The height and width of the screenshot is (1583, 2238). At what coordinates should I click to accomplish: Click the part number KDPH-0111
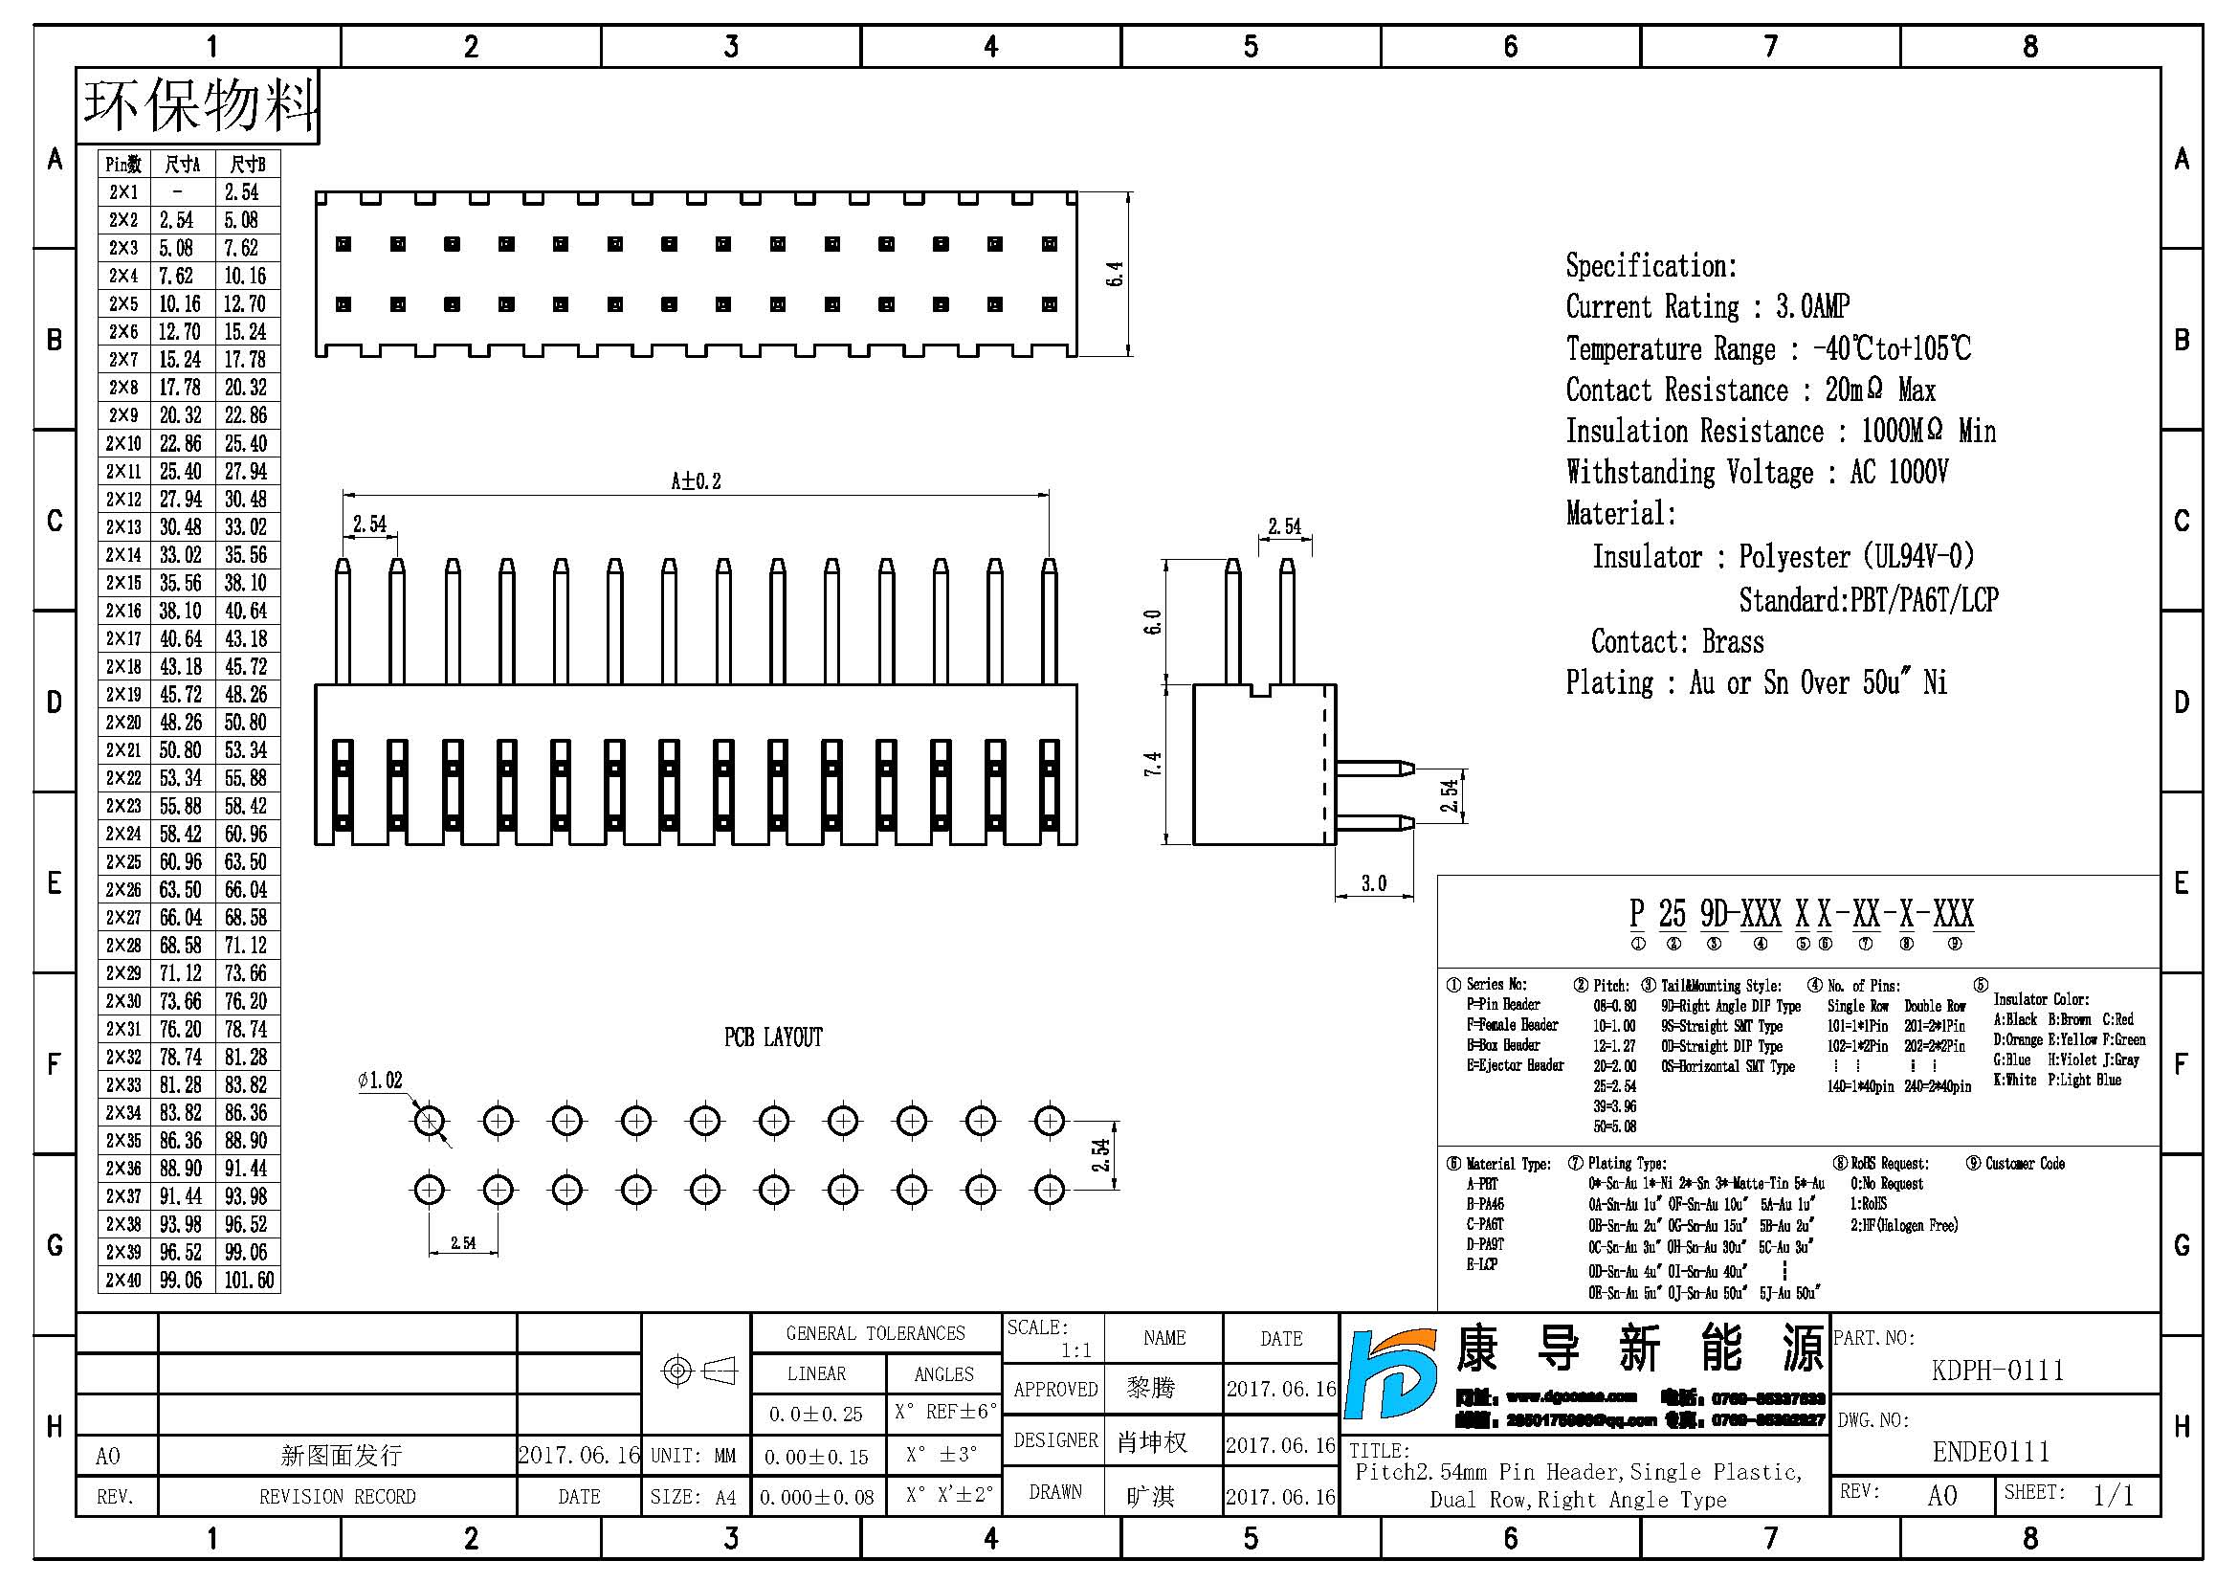click(x=1997, y=1371)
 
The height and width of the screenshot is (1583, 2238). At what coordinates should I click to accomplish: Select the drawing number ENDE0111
click(x=1990, y=1452)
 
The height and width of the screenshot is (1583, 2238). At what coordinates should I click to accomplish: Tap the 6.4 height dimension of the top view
click(x=1115, y=274)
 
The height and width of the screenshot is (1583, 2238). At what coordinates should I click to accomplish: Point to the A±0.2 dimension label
click(x=695, y=480)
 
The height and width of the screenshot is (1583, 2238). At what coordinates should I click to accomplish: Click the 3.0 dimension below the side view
click(x=1373, y=883)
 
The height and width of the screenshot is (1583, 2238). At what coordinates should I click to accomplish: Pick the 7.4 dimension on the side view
click(x=1152, y=763)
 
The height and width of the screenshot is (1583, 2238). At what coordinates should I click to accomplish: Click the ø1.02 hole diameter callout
click(x=380, y=1080)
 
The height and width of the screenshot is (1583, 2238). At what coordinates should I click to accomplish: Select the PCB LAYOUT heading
click(x=773, y=1037)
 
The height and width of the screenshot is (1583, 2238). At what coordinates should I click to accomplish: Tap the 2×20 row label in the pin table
click(x=123, y=723)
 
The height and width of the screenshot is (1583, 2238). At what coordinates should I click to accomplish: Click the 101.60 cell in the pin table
click(x=249, y=1280)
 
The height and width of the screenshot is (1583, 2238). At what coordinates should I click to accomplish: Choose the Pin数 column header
click(x=123, y=164)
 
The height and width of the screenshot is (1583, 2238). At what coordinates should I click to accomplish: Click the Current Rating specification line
click(x=1707, y=307)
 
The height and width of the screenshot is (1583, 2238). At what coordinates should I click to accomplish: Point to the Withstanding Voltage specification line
click(x=1757, y=473)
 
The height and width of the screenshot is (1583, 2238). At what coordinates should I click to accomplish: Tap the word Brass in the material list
click(x=1732, y=641)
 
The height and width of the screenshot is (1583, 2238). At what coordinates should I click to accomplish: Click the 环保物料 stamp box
click(x=199, y=105)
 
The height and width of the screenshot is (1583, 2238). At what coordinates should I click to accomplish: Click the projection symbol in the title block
click(x=698, y=1371)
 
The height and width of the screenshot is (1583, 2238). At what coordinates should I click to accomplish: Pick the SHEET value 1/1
click(x=2113, y=1494)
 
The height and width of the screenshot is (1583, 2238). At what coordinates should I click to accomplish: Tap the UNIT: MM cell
click(x=693, y=1456)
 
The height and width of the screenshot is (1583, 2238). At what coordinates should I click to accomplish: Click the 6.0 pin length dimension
click(x=1152, y=622)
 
